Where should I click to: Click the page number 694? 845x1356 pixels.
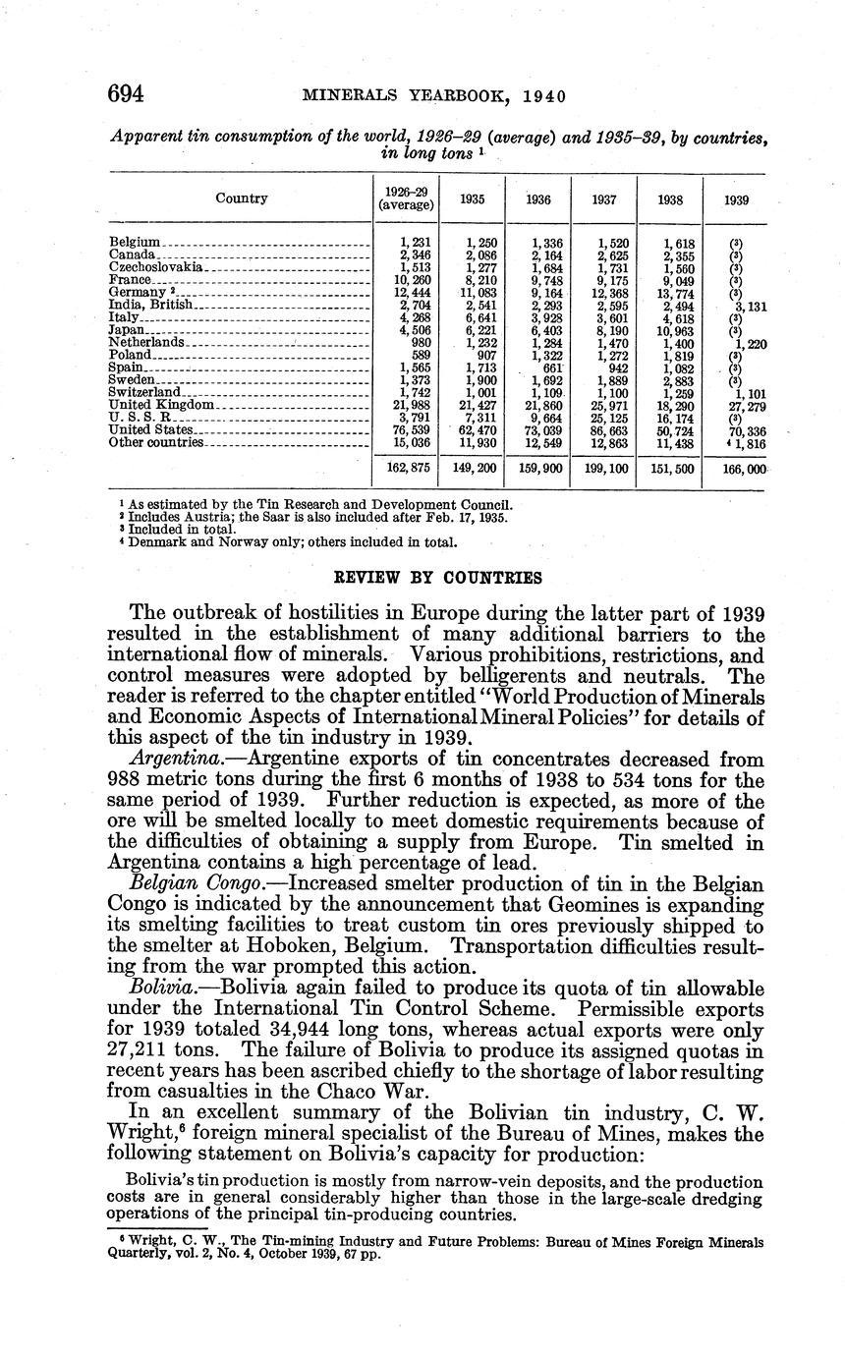point(126,94)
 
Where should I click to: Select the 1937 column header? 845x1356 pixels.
point(604,198)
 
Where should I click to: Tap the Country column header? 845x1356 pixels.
point(242,198)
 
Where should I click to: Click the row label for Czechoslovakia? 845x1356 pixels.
point(156,267)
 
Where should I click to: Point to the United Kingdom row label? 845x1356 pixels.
point(161,405)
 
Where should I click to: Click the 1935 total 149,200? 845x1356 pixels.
point(475,470)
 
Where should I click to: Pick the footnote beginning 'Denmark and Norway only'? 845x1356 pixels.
point(286,540)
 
